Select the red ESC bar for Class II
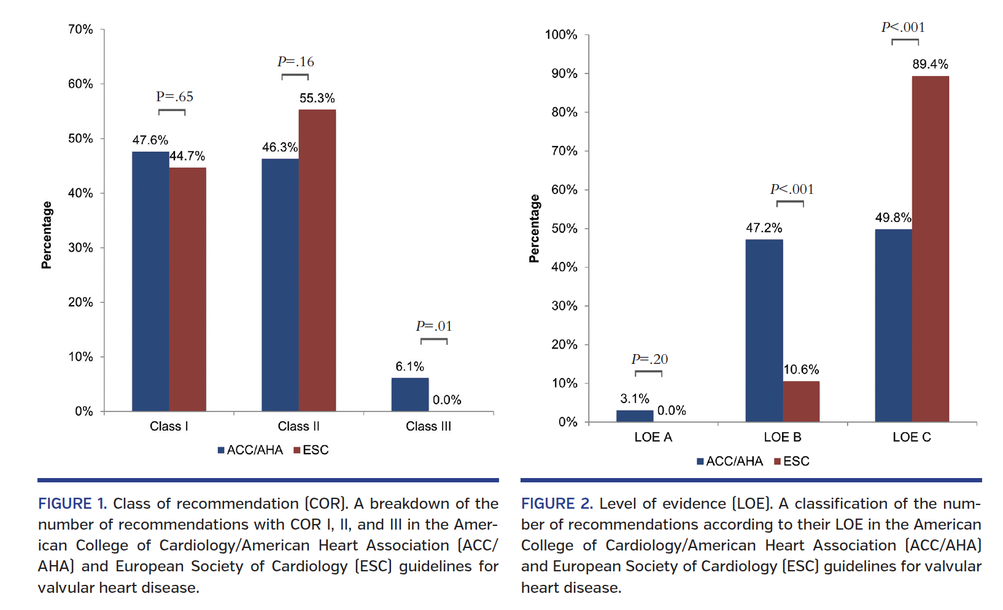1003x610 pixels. [x=317, y=260]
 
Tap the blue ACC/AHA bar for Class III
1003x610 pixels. [x=410, y=395]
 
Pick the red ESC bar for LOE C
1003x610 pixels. [x=930, y=249]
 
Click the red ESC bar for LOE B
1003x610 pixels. [x=800, y=401]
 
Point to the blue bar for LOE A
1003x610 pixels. [x=635, y=416]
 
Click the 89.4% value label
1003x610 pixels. [x=930, y=64]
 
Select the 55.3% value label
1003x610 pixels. [x=317, y=98]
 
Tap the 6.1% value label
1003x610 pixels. [x=409, y=366]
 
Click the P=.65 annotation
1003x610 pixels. [x=174, y=96]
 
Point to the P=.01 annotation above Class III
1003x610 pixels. [x=434, y=326]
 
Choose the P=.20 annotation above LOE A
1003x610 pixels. [x=649, y=359]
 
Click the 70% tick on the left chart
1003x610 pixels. [x=80, y=29]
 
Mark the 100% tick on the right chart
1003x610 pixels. [x=561, y=35]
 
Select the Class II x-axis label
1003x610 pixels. [x=298, y=426]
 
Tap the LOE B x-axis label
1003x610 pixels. [x=782, y=437]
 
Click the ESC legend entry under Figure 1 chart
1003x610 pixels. [x=311, y=450]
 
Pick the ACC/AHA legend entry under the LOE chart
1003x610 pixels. [x=730, y=461]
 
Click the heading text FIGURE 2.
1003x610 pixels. [x=557, y=504]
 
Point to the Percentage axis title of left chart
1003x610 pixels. [x=47, y=235]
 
